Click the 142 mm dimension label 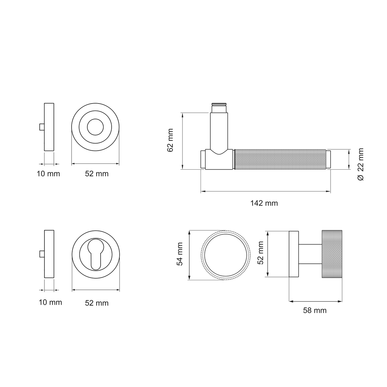click(264, 203)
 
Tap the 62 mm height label click(170, 140)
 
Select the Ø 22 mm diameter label click(361, 164)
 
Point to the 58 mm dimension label click(315, 311)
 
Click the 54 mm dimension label click(180, 254)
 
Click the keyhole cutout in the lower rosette click(96, 254)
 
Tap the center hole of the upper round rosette click(95, 127)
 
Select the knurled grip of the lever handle click(280, 159)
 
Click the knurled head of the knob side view click(332, 254)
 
